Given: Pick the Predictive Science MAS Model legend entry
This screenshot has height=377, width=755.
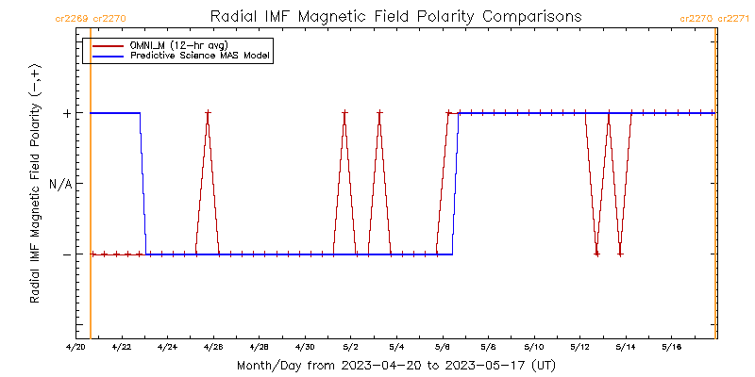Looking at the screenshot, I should (x=199, y=56).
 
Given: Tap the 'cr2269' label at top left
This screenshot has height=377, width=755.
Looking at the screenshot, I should (x=73, y=18).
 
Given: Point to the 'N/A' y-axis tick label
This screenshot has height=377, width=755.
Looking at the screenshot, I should (x=60, y=184).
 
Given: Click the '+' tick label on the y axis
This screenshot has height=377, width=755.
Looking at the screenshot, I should (x=66, y=113).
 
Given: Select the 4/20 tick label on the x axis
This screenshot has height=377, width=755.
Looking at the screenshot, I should (x=76, y=347).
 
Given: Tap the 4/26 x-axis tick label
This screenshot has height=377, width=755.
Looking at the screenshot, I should (x=213, y=347).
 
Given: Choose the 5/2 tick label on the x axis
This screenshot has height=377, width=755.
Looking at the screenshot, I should (x=350, y=347).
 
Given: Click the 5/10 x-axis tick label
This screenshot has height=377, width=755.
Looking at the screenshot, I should (x=533, y=347).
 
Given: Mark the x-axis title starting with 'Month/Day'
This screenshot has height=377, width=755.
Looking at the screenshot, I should (x=394, y=365).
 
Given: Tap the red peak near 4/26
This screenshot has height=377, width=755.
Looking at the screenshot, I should (x=208, y=113).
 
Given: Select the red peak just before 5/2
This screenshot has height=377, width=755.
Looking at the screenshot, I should (x=344, y=113).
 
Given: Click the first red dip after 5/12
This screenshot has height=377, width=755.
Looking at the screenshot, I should (x=596, y=254).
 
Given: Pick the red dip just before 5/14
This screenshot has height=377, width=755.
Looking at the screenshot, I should (x=620, y=254).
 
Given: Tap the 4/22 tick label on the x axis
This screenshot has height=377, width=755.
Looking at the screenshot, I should (x=122, y=347).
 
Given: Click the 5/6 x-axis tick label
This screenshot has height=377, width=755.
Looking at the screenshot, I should (x=442, y=347).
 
